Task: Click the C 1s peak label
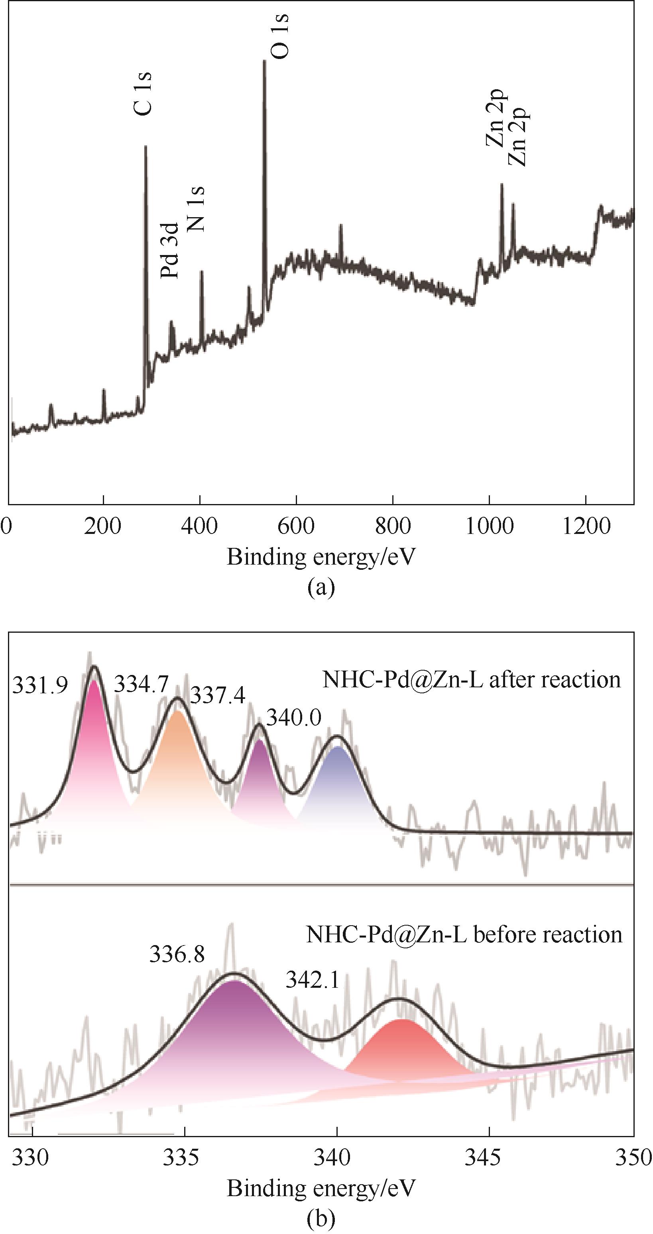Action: pos(143,94)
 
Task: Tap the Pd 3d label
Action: pos(170,251)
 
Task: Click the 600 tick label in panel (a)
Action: pos(296,526)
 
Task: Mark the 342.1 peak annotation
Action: pos(313,980)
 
